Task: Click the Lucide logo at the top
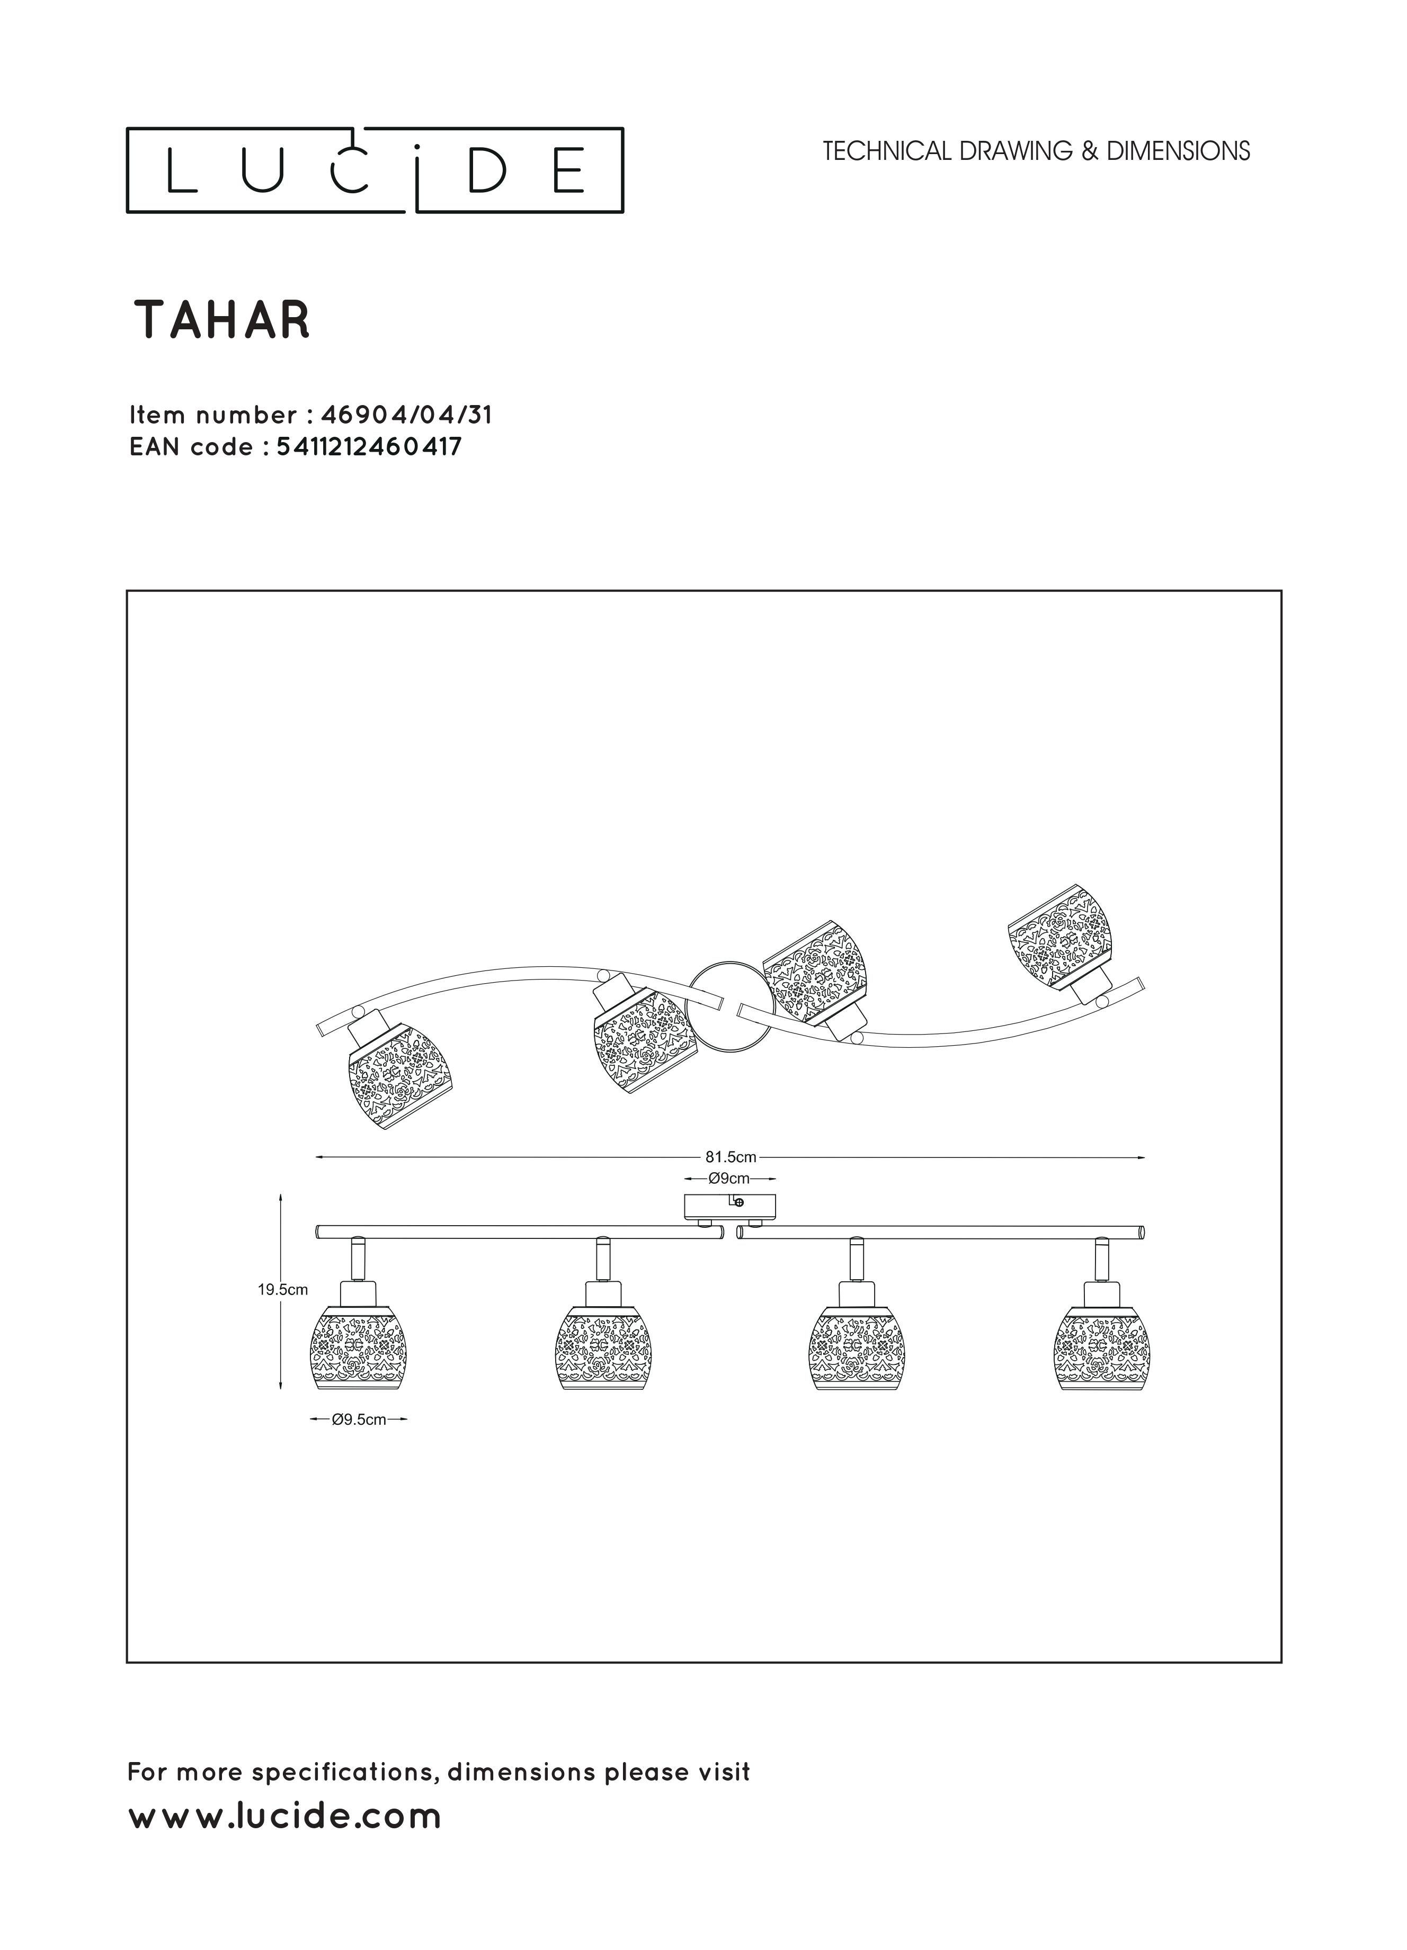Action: (375, 170)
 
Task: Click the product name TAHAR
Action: (222, 321)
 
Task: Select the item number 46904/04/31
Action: (407, 415)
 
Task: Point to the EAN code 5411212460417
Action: (369, 447)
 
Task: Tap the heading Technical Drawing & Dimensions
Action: (1036, 151)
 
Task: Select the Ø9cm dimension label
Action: (729, 1178)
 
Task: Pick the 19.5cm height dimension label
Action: (283, 1290)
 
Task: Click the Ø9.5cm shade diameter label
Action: (359, 1419)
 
